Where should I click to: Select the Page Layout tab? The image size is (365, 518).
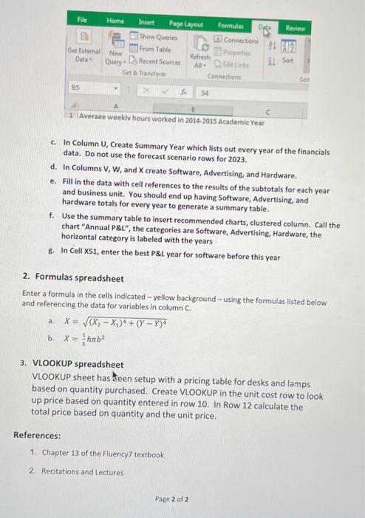tap(185, 25)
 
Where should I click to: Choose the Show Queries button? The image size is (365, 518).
tap(154, 36)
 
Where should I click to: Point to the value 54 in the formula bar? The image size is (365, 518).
tap(205, 93)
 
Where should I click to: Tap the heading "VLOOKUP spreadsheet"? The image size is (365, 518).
tap(78, 364)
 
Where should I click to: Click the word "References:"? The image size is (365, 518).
tap(38, 435)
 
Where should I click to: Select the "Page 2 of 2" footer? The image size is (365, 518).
tap(171, 499)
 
